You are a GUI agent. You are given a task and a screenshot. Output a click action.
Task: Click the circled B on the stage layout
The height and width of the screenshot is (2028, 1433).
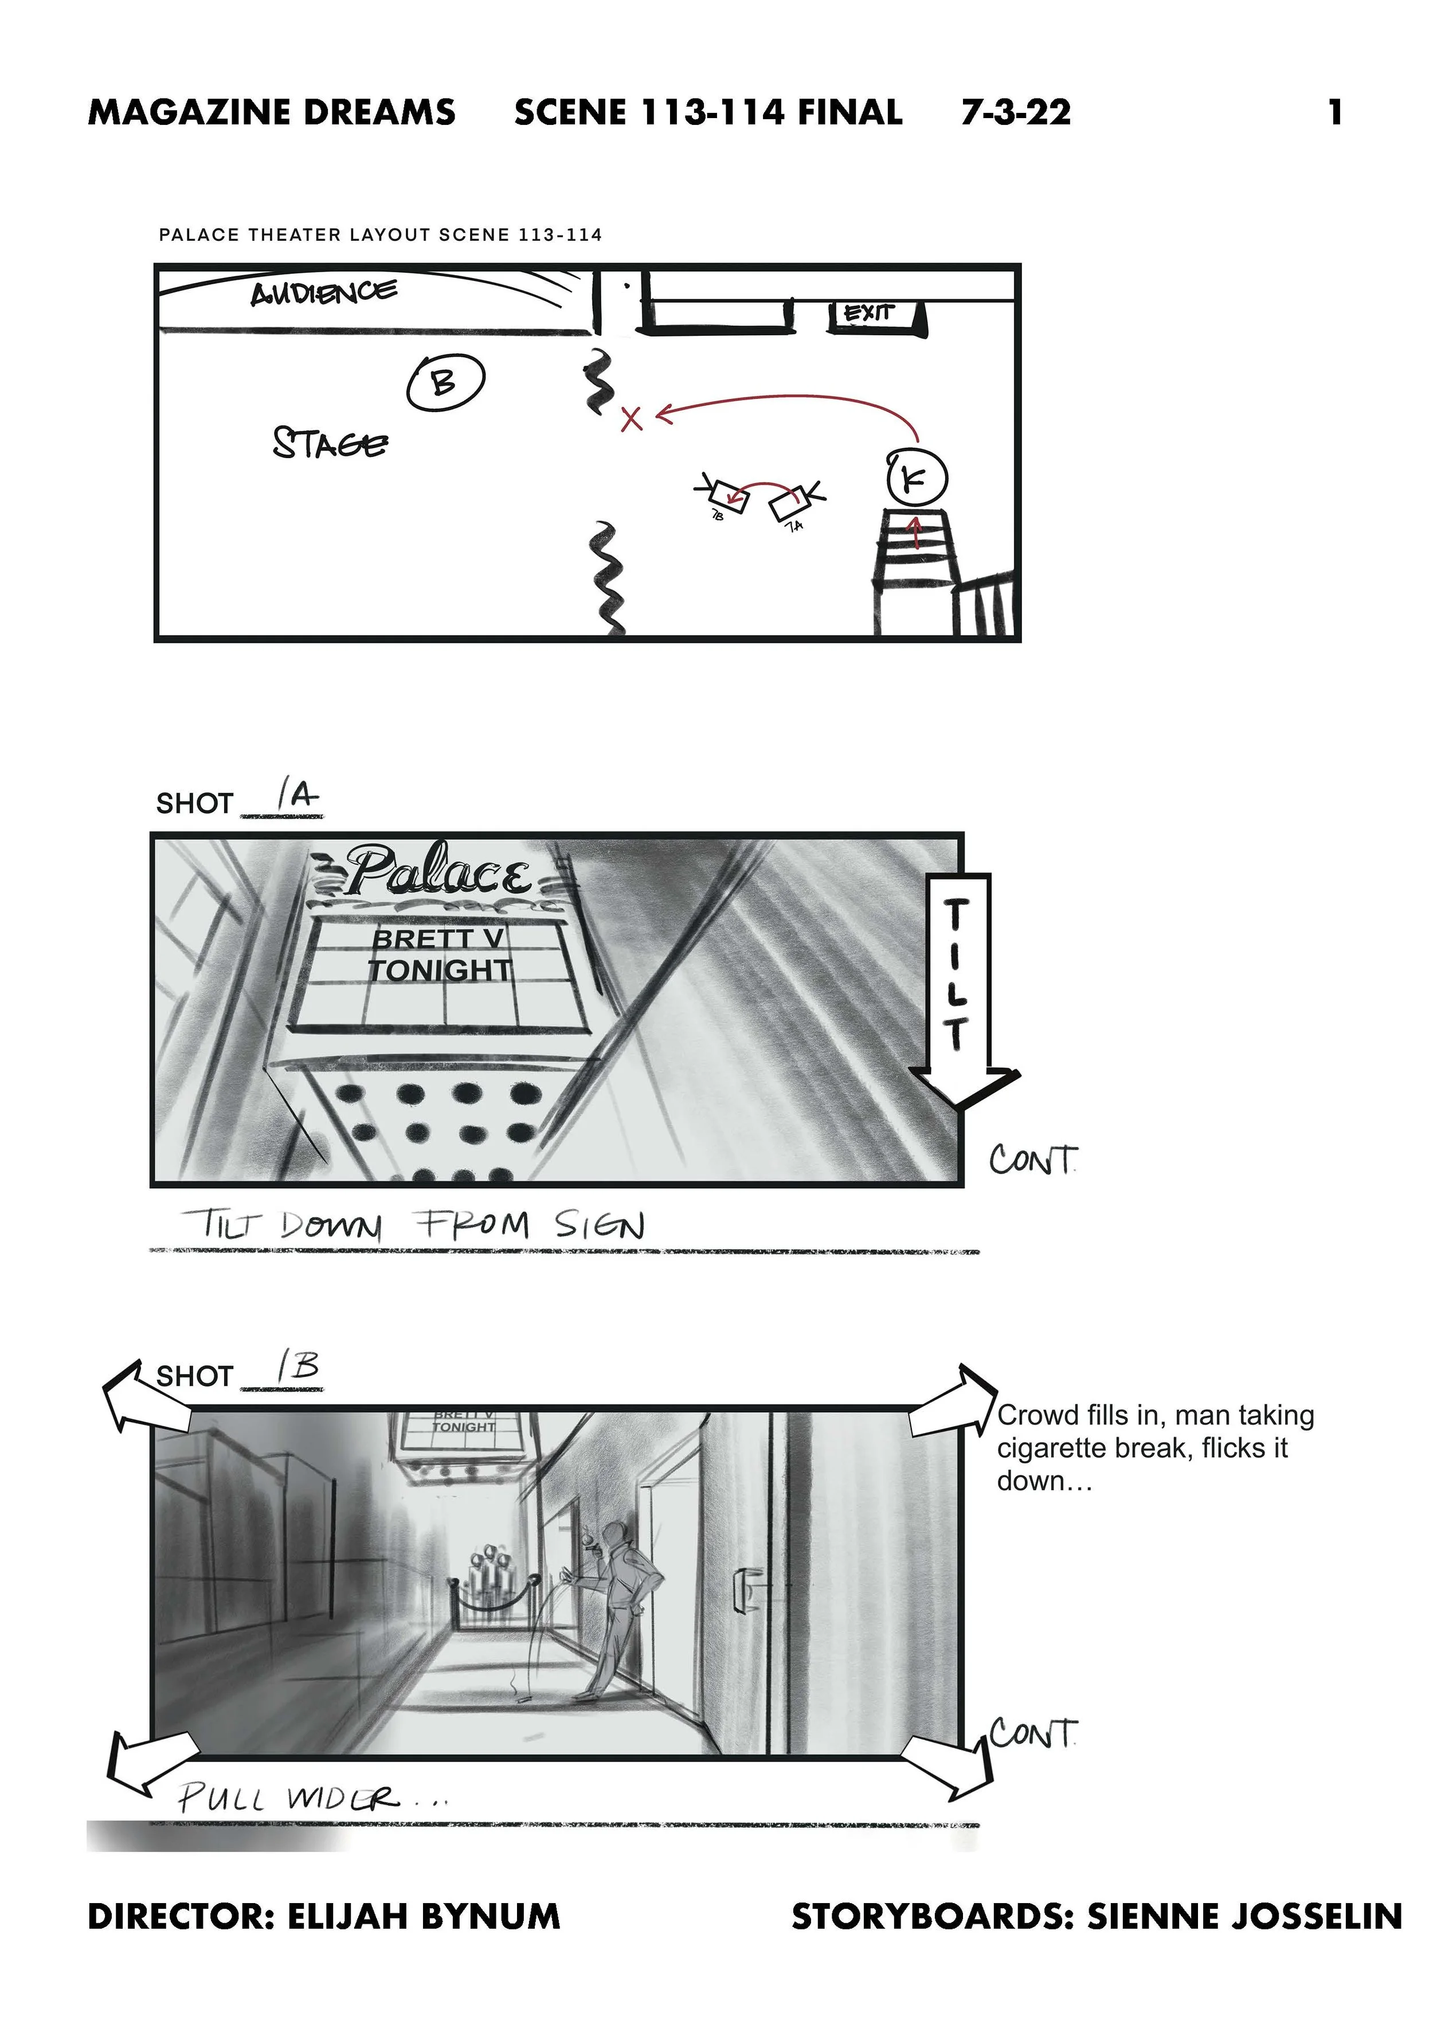(x=445, y=382)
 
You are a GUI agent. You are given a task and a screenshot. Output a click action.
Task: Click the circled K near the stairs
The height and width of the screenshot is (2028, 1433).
(x=916, y=479)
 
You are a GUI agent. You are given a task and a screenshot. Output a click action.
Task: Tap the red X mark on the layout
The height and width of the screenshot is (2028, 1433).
(x=631, y=418)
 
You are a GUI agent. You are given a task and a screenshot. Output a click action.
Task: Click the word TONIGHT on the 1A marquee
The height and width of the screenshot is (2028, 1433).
(x=439, y=970)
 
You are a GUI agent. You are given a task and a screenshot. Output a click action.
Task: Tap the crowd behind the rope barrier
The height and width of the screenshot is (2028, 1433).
(x=488, y=1580)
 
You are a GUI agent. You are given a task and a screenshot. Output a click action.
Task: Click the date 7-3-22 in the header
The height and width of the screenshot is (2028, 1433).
(x=1016, y=112)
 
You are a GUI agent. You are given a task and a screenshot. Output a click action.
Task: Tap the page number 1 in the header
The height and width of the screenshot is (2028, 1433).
(x=1336, y=112)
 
